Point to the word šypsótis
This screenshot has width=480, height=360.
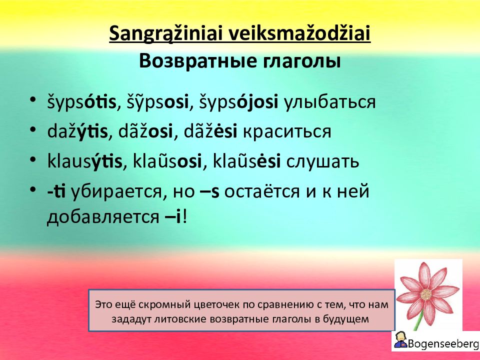click(81, 102)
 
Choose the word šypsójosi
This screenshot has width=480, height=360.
click(239, 102)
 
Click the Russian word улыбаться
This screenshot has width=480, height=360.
click(329, 102)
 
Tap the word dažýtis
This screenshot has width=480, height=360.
click(77, 131)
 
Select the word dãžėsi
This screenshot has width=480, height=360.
click(210, 131)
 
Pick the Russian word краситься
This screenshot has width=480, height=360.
click(286, 132)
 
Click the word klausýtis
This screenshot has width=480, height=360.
click(85, 161)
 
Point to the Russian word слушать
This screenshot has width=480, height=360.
click(322, 161)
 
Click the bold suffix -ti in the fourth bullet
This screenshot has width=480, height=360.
click(56, 191)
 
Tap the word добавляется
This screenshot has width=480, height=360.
click(103, 217)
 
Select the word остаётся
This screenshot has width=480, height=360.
click(261, 191)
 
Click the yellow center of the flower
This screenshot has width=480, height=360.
click(426, 294)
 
